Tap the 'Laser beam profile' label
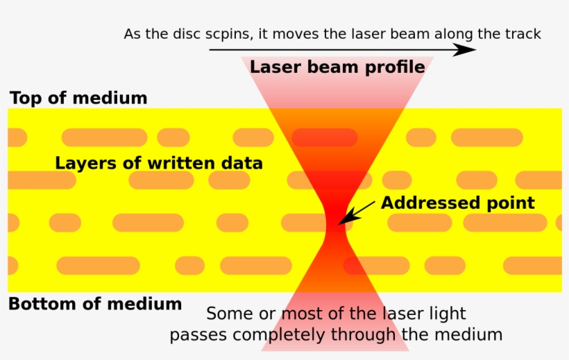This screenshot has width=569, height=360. pos(337,67)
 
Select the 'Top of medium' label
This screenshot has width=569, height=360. pos(78,98)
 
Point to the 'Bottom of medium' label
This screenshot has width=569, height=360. pos(95,304)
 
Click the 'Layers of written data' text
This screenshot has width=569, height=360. pos(159,164)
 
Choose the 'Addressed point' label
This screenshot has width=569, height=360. pos(458,203)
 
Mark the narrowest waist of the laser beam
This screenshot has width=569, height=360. pos(337,222)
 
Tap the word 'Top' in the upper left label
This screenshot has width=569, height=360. pos(26,98)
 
